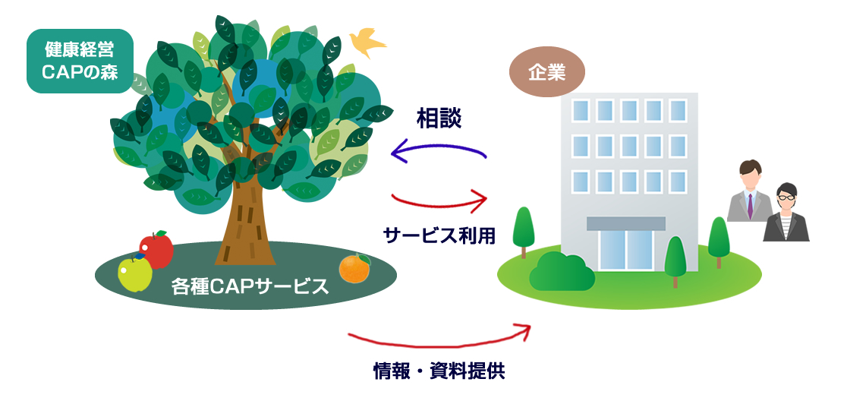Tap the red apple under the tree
point(156,250)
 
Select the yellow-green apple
point(134,273)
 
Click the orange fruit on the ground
point(355,269)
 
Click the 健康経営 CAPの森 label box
point(80,61)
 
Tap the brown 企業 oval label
point(546,72)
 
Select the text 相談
point(439,119)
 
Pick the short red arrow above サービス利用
point(439,205)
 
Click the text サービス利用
point(439,235)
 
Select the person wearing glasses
point(786,213)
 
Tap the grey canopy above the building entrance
point(626,223)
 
